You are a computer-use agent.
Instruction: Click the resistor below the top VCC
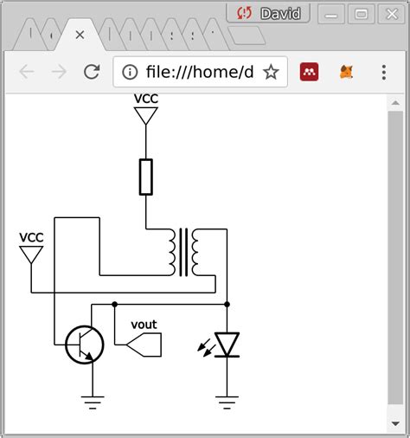point(146,177)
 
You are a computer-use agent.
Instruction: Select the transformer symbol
point(185,252)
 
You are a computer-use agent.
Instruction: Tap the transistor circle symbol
point(85,345)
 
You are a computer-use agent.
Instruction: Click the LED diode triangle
point(227,345)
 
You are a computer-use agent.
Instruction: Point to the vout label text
point(144,325)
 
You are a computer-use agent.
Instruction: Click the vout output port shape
point(144,345)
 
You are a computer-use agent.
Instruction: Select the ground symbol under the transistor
point(92,401)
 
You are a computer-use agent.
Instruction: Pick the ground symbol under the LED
point(227,401)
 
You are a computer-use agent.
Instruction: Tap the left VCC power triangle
point(31,254)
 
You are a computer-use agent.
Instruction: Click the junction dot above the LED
point(227,304)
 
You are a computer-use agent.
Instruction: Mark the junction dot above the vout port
point(114,304)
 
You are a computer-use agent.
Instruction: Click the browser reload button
point(91,72)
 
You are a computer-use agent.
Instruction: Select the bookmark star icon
point(271,72)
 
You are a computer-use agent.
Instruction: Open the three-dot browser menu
point(383,72)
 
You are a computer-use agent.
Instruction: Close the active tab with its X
point(80,35)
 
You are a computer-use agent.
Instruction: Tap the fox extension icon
point(346,72)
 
